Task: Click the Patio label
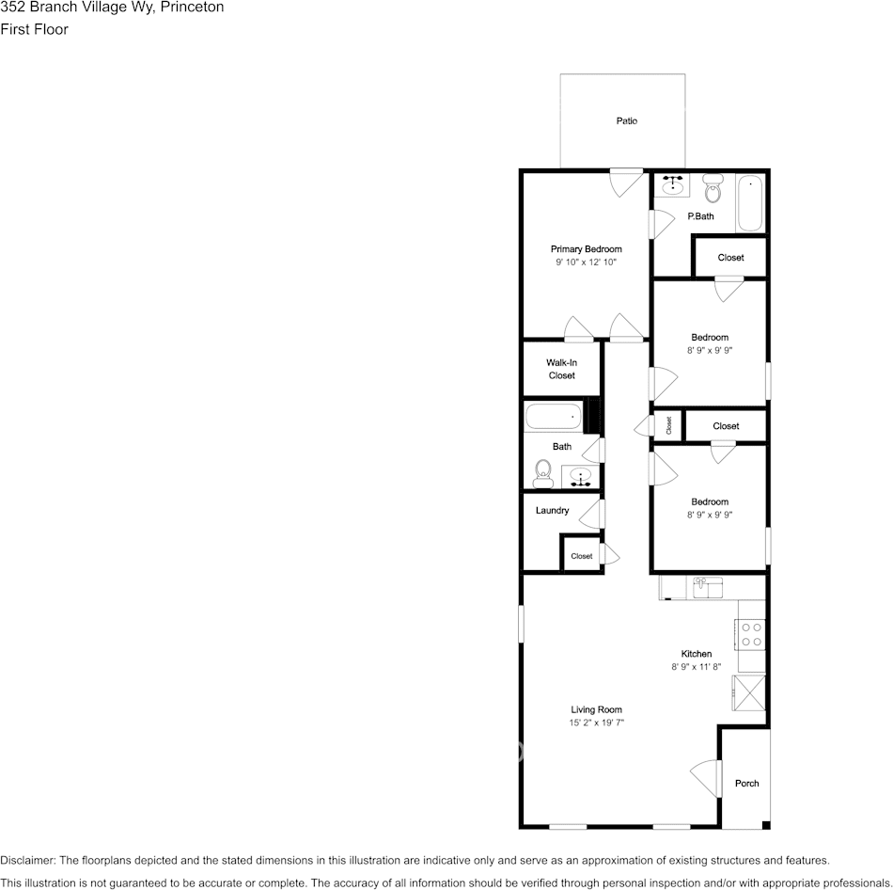[626, 121]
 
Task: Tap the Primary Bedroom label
[586, 249]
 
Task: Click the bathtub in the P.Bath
[750, 203]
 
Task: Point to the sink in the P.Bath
[673, 185]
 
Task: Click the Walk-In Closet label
[561, 369]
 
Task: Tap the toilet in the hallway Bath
[542, 472]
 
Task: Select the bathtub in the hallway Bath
[554, 417]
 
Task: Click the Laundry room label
[552, 511]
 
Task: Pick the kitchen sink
[707, 588]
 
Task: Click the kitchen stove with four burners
[751, 633]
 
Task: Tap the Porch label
[746, 784]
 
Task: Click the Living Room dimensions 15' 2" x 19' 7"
[596, 723]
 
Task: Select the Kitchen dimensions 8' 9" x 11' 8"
[696, 666]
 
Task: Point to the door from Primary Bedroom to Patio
[624, 181]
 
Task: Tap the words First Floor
[34, 29]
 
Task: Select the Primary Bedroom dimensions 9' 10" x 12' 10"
[586, 263]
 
